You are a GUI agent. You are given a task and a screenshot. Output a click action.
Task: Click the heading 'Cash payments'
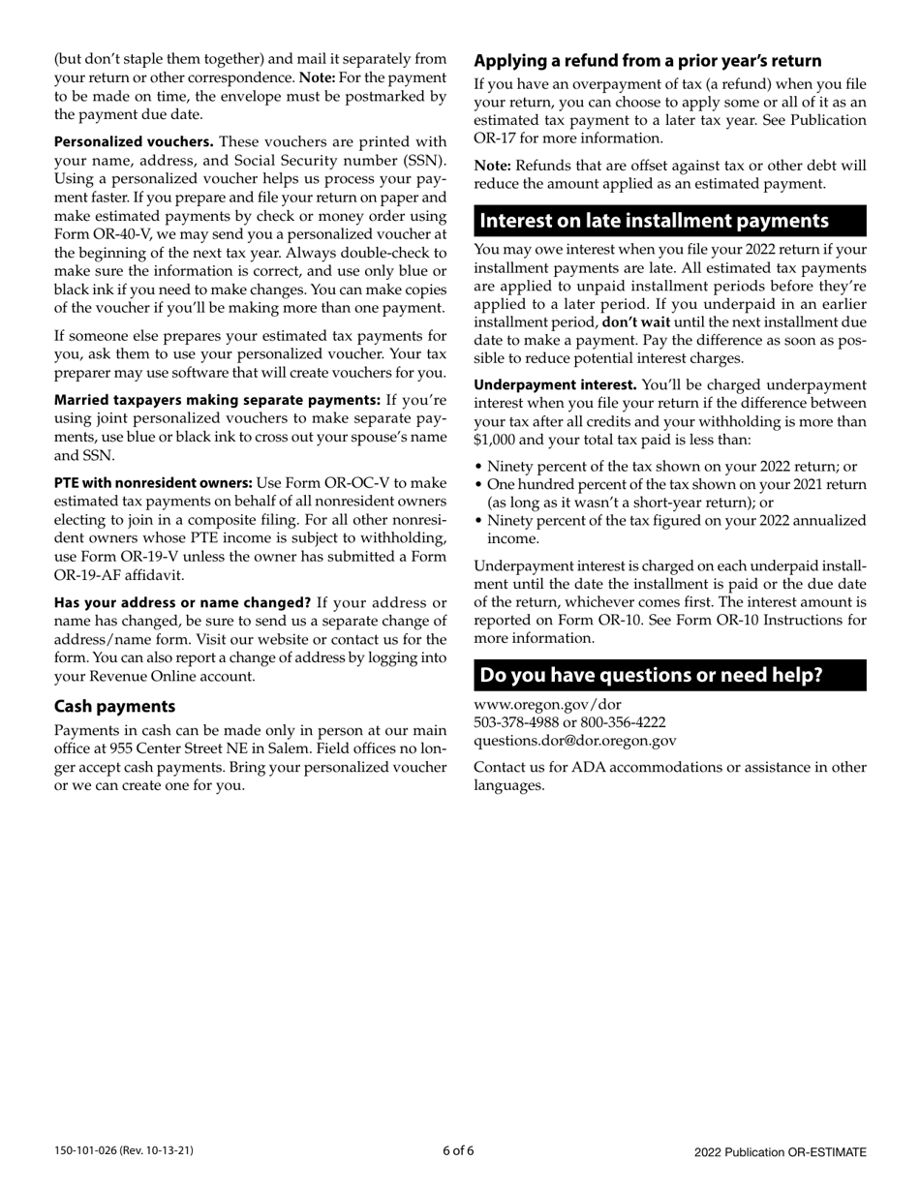pos(114,706)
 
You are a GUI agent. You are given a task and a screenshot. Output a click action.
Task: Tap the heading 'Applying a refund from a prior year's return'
pos(647,60)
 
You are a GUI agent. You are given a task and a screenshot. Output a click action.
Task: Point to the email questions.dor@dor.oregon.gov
pos(574,741)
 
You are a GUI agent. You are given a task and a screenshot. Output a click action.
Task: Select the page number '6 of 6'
pos(458,1151)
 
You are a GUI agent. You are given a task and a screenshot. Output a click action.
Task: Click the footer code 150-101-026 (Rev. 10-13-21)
pos(123,1151)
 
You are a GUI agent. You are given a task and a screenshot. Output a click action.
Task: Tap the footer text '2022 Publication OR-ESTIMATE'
pos(780,1152)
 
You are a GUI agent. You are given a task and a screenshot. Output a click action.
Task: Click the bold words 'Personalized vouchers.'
pos(134,142)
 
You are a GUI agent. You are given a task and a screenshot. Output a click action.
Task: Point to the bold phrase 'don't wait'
pos(635,322)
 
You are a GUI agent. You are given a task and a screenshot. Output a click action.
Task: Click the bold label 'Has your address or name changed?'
pos(182,603)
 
